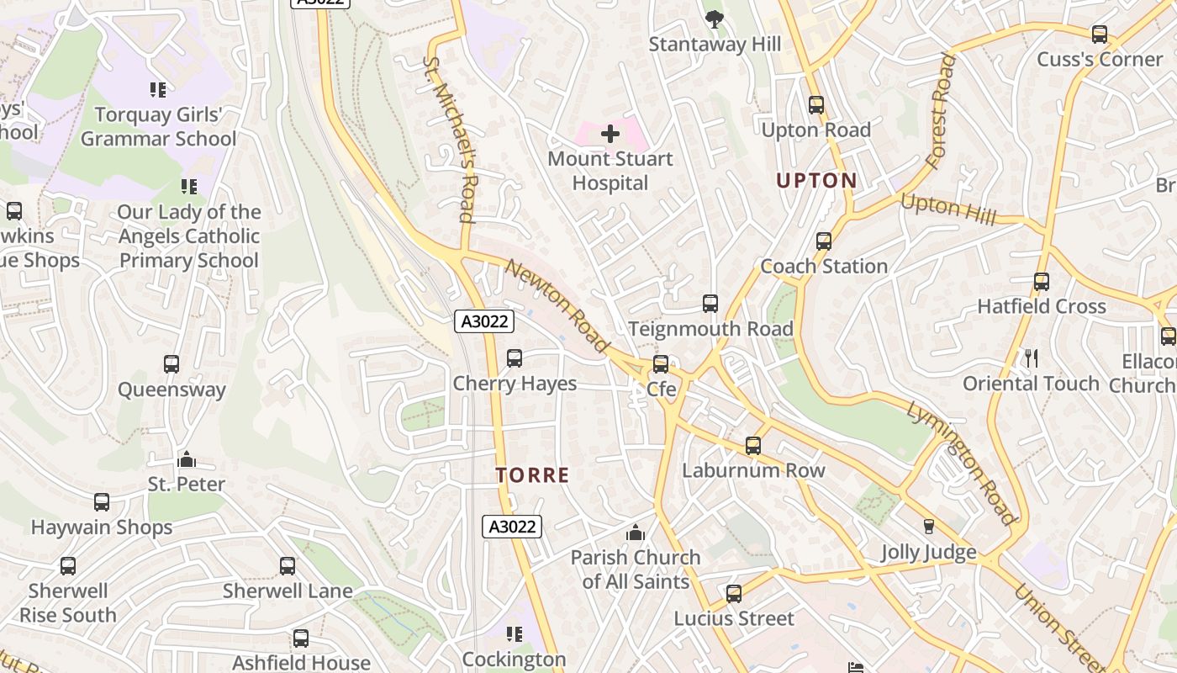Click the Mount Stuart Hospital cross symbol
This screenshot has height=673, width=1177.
click(610, 133)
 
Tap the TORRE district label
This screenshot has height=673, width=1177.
click(532, 475)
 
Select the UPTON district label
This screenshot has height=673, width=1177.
click(816, 180)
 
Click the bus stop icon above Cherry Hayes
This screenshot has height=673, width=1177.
click(515, 358)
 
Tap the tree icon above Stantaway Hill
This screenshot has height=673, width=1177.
click(714, 19)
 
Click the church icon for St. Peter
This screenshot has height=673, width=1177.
click(187, 459)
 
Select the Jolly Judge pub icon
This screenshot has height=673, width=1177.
click(929, 527)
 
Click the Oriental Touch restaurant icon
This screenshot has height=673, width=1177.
click(1032, 358)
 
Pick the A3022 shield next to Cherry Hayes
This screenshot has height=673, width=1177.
click(483, 321)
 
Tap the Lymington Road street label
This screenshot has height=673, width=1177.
click(962, 463)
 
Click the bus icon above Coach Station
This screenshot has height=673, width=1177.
click(824, 241)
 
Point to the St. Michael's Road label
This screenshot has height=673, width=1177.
click(451, 140)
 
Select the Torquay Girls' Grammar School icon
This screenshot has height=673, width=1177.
click(157, 89)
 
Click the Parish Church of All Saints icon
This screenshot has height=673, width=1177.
click(636, 533)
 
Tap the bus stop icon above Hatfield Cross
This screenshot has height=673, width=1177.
click(1042, 282)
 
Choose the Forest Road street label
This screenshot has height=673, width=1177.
click(941, 111)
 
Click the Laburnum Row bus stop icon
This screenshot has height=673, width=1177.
click(753, 446)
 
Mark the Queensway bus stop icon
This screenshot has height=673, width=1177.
click(172, 364)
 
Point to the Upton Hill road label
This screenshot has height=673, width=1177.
click(948, 209)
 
